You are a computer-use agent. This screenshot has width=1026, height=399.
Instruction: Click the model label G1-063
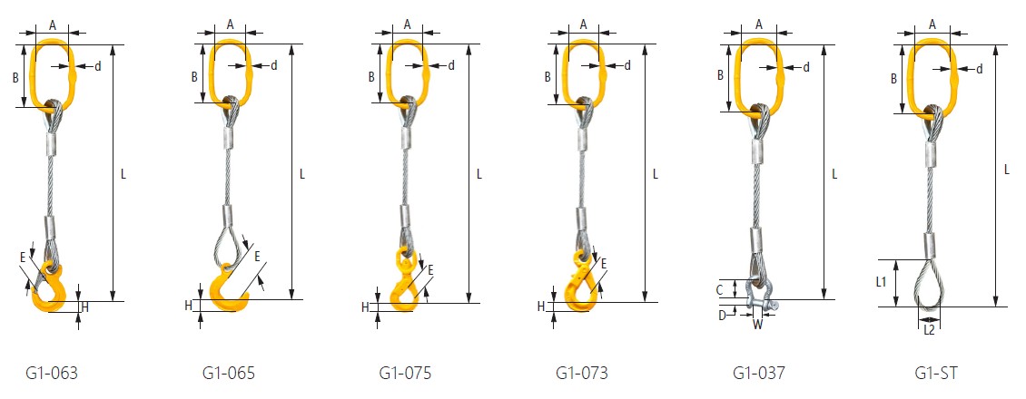(x=53, y=374)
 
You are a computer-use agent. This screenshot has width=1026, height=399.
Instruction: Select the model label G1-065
(x=229, y=374)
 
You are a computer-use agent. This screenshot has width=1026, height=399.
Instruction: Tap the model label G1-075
(x=405, y=374)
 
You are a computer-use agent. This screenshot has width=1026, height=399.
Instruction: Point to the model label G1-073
(x=582, y=374)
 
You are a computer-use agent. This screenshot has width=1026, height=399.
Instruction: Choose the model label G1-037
(x=758, y=374)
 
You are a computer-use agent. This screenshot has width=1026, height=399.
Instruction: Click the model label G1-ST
(x=936, y=374)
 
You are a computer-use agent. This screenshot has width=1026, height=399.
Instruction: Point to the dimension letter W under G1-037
(x=757, y=323)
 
